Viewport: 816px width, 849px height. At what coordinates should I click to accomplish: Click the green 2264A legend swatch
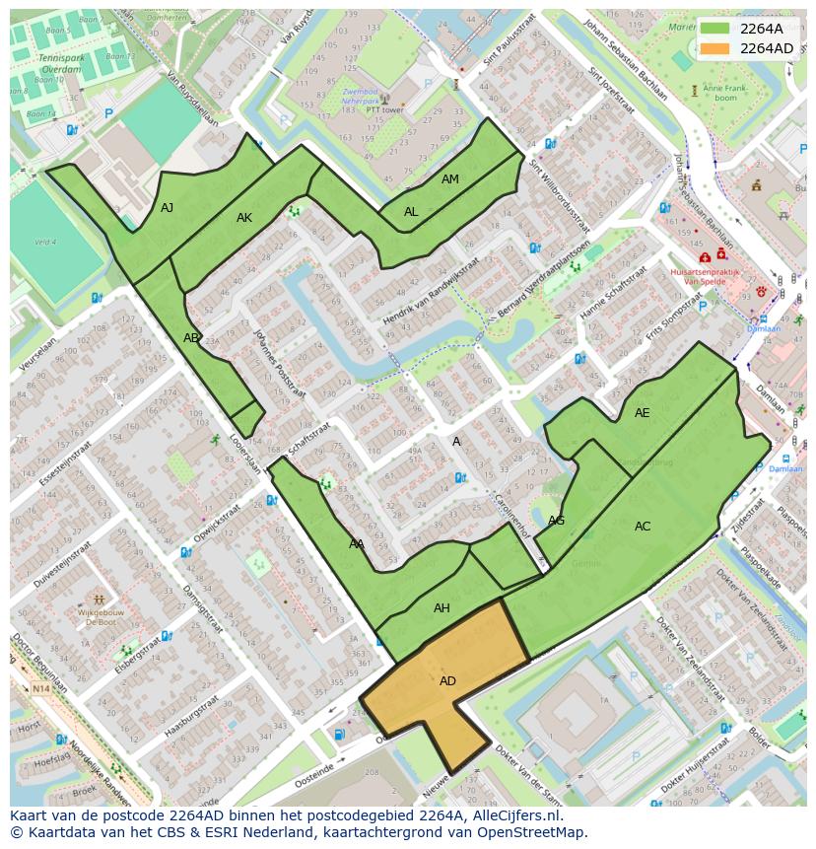pos(715,29)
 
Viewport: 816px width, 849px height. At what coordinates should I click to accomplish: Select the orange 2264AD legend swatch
pos(715,48)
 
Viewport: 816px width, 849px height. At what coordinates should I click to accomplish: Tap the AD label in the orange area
pos(447,681)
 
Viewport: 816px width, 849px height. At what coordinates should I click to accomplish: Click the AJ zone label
pos(167,208)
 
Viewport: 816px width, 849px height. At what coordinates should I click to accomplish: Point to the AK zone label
pos(244,218)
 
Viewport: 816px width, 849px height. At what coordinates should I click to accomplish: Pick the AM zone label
pos(449,179)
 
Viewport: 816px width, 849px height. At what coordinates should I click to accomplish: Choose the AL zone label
pos(411,212)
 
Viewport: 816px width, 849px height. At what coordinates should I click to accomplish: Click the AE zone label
pos(642,413)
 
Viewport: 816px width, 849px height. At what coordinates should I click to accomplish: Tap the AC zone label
pos(642,527)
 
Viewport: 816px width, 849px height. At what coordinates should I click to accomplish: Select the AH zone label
pos(442,608)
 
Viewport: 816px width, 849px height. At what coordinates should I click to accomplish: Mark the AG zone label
pos(556,521)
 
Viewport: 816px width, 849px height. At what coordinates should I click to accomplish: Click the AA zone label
pos(356,544)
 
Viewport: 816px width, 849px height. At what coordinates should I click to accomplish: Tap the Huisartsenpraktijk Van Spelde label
pos(704,275)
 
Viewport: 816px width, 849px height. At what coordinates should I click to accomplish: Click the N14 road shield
pos(39,688)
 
